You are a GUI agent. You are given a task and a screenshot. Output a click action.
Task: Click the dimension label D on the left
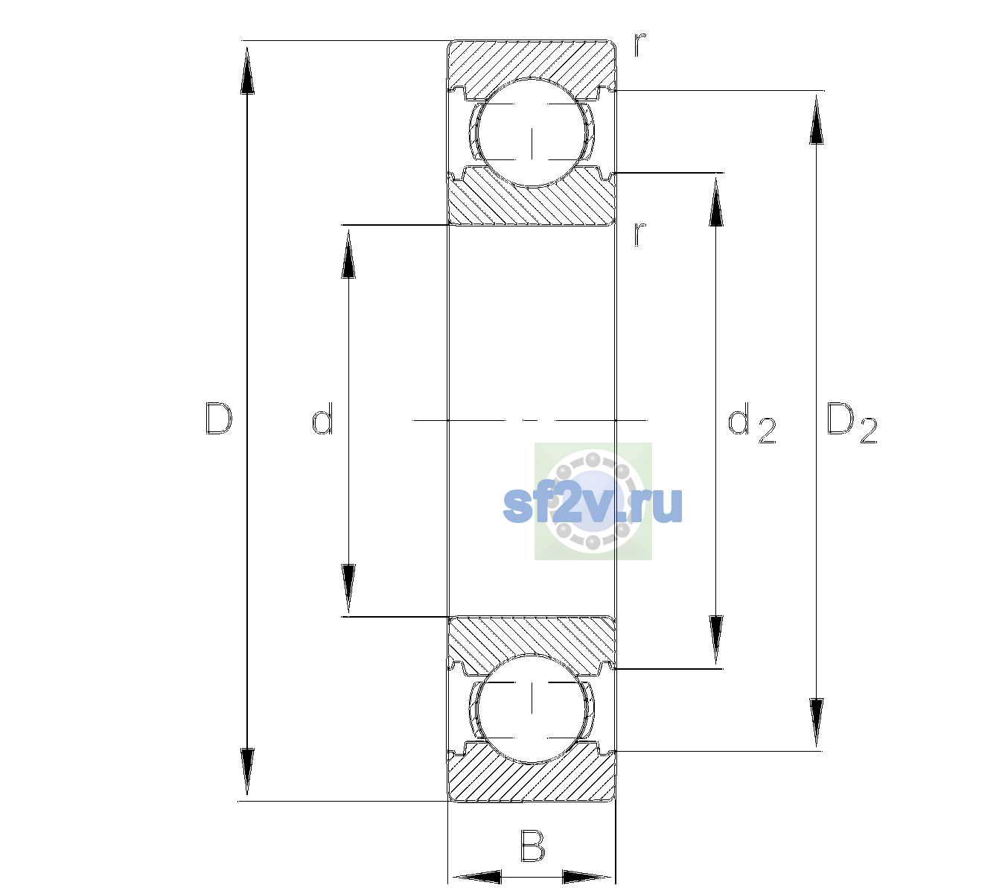[x=219, y=419]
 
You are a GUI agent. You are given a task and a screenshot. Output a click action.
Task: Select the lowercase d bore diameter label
[x=322, y=419]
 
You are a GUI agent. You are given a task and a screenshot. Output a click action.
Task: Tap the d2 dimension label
[x=752, y=423]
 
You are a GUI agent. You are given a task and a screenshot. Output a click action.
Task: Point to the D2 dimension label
[x=852, y=423]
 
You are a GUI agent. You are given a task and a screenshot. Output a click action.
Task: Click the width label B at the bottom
[x=532, y=846]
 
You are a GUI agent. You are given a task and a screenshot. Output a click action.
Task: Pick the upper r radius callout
[x=640, y=44]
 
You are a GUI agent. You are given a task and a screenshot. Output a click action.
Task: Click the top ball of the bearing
[x=532, y=133]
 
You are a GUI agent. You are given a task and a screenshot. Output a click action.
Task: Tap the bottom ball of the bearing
[x=532, y=708]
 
